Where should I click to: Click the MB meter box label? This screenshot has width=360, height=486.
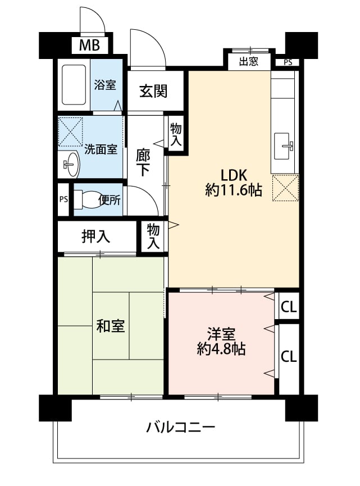click(89, 46)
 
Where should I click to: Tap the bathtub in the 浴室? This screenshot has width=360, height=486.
click(74, 85)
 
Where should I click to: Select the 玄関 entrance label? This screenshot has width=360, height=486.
click(153, 91)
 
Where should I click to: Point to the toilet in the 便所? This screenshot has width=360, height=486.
click(86, 199)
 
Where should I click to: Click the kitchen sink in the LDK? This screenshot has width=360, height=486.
click(283, 146)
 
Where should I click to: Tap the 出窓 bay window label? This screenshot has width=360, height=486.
click(249, 61)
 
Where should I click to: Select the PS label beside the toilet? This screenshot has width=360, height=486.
click(63, 199)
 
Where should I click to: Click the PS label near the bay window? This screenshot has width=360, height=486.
click(288, 62)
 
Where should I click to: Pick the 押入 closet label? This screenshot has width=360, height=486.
click(95, 237)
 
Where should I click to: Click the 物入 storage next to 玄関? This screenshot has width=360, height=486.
click(176, 134)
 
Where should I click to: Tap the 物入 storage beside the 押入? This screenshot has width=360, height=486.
click(153, 237)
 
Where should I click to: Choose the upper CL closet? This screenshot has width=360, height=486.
click(289, 307)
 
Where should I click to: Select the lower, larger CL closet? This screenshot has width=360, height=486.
click(289, 356)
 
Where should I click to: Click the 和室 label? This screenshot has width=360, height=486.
click(111, 326)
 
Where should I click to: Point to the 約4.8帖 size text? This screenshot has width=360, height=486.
click(221, 349)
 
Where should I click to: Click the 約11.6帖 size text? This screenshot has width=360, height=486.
click(234, 190)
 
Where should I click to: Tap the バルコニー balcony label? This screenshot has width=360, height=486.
click(181, 428)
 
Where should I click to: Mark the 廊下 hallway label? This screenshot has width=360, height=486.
click(143, 163)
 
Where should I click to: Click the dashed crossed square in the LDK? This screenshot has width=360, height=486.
click(285, 188)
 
